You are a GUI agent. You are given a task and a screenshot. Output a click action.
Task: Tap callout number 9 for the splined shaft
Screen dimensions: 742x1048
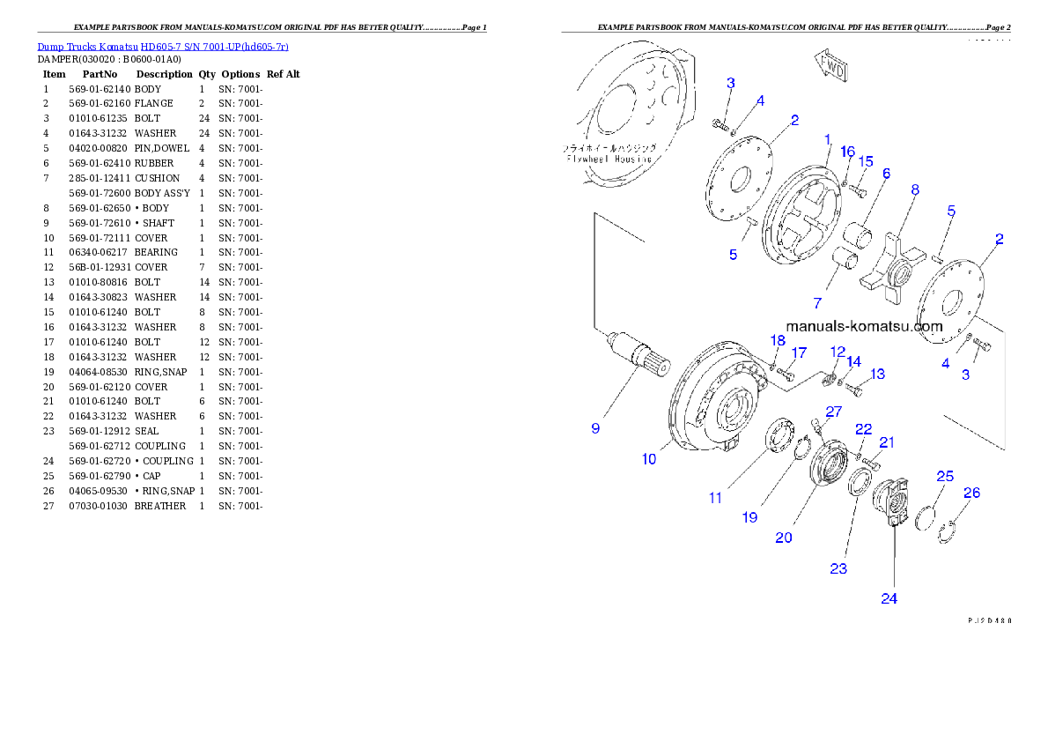tap(595, 428)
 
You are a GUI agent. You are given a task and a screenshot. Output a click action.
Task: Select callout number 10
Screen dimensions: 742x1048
tap(649, 459)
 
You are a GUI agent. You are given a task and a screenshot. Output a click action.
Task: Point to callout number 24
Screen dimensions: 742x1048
tap(889, 598)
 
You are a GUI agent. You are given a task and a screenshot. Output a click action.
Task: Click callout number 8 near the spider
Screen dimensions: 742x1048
tap(915, 189)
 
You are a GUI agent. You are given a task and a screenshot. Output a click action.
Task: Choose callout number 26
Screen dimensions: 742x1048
tap(971, 493)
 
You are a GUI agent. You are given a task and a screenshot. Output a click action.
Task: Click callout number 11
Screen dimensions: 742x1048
tap(715, 498)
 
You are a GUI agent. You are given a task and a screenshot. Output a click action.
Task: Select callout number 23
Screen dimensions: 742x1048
tap(838, 568)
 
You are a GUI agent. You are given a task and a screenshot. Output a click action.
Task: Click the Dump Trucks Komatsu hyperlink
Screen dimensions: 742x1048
tap(163, 47)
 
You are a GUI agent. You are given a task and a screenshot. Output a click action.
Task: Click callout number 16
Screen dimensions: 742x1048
tap(847, 152)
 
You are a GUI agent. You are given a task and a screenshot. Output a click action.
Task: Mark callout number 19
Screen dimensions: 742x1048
tap(749, 517)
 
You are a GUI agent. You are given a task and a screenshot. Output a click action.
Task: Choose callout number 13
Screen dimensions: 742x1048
tap(878, 375)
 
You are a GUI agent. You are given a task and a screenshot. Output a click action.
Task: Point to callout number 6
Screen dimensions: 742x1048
tap(887, 174)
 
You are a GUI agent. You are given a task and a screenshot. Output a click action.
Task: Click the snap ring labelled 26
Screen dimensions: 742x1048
tap(948, 532)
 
